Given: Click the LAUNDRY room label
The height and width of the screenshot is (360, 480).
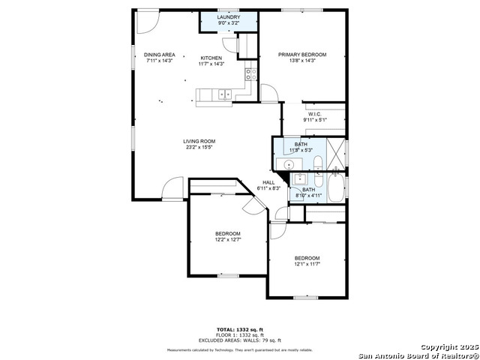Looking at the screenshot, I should [228, 16].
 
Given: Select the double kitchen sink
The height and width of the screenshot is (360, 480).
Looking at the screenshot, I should [223, 94].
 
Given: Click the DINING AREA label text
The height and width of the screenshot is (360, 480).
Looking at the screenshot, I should [159, 55].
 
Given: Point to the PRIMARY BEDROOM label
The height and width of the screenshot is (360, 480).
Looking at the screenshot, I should [302, 55].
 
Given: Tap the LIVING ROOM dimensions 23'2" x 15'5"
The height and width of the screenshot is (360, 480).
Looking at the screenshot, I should [199, 147].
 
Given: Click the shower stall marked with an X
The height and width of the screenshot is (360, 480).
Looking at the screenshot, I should [335, 146].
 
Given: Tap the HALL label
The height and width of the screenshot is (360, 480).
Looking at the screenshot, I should [268, 182].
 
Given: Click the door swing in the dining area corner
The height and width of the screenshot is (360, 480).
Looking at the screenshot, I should [148, 20].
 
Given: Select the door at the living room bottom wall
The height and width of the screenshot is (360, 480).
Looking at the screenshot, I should [173, 188].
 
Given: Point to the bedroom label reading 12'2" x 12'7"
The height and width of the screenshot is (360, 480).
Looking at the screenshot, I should [227, 240].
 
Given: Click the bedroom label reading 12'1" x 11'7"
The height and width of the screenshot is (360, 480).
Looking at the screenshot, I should [307, 263].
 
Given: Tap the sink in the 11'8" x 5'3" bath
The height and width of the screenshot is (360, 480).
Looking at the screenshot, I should [286, 164].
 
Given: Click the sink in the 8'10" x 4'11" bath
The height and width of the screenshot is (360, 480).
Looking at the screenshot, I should [299, 178].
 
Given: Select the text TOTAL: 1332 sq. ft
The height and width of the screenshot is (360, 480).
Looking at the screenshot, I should [239, 329].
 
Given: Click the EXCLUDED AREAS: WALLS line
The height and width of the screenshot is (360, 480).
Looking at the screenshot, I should [239, 340].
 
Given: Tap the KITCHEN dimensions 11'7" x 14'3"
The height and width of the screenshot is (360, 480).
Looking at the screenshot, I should [211, 64].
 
